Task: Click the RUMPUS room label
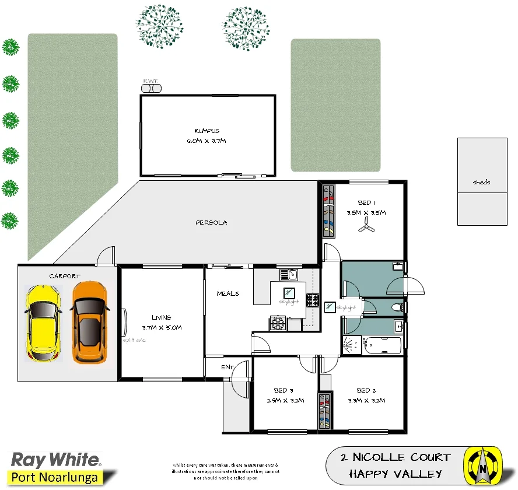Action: pos(206,131)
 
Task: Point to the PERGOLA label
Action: pos(211,223)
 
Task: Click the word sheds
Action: pos(481,182)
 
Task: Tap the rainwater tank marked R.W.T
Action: pos(151,87)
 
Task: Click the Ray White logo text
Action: pos(56,459)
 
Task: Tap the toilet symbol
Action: pos(398,306)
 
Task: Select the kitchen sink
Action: pos(289,274)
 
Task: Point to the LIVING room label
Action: pos(161,317)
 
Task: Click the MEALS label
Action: pos(228,293)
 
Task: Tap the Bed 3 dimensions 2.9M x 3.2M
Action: pos(281,401)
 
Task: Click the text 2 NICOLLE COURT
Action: pos(395,457)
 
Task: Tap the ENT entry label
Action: pos(228,367)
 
